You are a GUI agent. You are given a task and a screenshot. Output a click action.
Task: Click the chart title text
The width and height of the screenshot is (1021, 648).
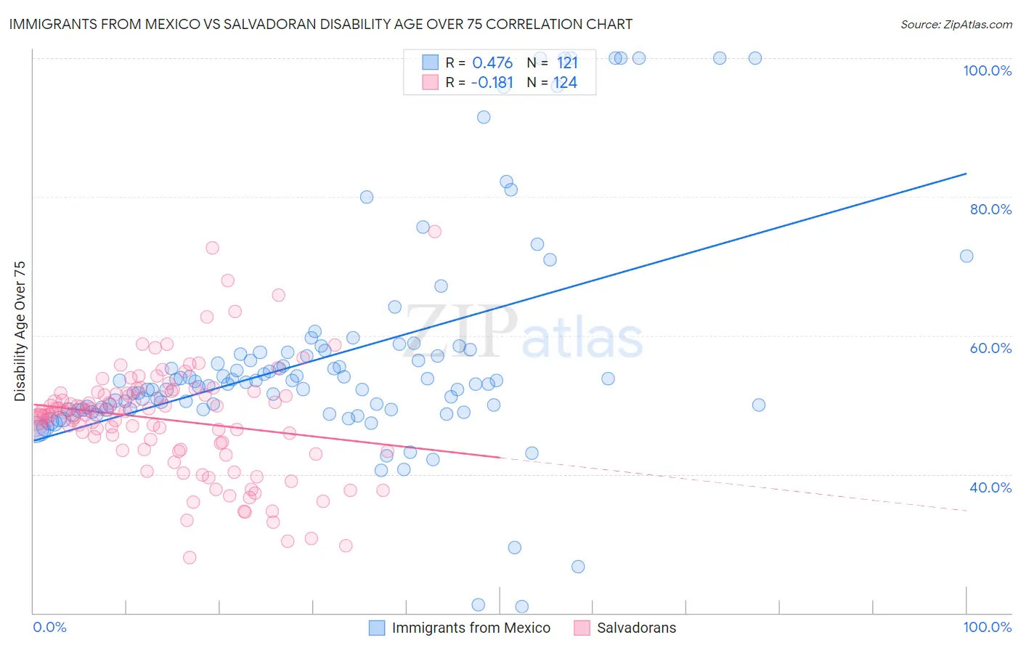[320, 24]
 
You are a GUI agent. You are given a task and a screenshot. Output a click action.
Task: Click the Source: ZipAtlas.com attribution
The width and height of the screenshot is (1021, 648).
[956, 24]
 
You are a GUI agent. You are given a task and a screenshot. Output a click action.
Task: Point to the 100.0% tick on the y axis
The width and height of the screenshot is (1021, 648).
[987, 70]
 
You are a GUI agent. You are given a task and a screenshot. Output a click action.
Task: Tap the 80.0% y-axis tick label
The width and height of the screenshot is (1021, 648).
[991, 209]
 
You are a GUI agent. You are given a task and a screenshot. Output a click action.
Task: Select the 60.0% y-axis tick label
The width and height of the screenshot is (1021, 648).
[991, 348]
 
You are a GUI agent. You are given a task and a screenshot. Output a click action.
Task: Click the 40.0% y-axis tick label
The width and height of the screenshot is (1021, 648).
[991, 487]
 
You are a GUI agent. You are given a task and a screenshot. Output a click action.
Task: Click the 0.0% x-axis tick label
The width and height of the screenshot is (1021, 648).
[50, 627]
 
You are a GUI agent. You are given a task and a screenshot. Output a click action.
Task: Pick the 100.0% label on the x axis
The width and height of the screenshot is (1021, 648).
[987, 627]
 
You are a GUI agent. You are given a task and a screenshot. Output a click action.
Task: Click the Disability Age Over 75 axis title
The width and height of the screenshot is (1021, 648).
[20, 331]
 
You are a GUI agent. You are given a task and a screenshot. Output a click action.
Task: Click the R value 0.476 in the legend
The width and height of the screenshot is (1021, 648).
[492, 63]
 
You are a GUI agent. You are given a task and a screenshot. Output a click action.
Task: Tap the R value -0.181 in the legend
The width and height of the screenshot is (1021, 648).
[492, 83]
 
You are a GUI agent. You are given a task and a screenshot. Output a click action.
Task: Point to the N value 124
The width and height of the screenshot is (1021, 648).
[565, 83]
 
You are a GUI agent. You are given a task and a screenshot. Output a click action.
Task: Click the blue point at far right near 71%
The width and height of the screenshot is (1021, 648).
[967, 256]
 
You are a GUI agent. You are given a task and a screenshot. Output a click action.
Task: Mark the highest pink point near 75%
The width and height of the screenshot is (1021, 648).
[434, 232]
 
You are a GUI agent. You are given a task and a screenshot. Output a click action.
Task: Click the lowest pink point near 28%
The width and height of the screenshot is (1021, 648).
[190, 557]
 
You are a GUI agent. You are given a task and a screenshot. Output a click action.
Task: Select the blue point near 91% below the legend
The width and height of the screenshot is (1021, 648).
[484, 117]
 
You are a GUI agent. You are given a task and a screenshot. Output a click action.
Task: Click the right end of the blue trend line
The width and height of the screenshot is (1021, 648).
[966, 174]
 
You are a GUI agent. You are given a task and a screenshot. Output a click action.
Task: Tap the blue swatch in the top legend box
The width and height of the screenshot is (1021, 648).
[431, 62]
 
